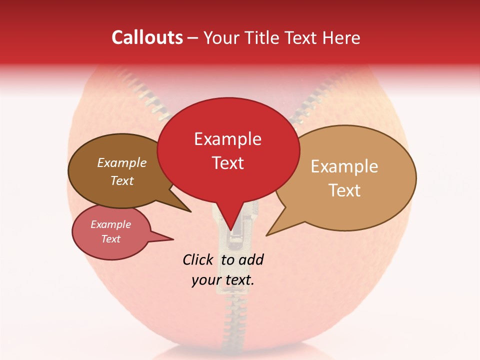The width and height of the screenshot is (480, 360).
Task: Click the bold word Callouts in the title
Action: [147, 37]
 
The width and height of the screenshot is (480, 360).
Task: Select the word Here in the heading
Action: [342, 37]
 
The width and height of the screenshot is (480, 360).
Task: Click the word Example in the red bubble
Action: [227, 139]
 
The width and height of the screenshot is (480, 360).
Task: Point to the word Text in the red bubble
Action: [227, 163]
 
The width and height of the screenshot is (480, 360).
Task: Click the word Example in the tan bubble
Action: [344, 166]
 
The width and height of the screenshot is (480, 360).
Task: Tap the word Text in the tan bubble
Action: [344, 190]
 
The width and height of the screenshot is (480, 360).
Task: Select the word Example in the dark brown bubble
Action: [122, 163]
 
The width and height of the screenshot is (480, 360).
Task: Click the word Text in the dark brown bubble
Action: [122, 180]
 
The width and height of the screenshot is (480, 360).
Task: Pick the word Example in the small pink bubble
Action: [111, 224]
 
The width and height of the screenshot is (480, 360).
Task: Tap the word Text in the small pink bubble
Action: [111, 239]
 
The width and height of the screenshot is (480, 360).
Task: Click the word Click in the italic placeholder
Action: [198, 260]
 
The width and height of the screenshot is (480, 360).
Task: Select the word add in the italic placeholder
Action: [251, 260]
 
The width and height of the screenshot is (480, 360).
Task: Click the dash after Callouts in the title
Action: [193, 38]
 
